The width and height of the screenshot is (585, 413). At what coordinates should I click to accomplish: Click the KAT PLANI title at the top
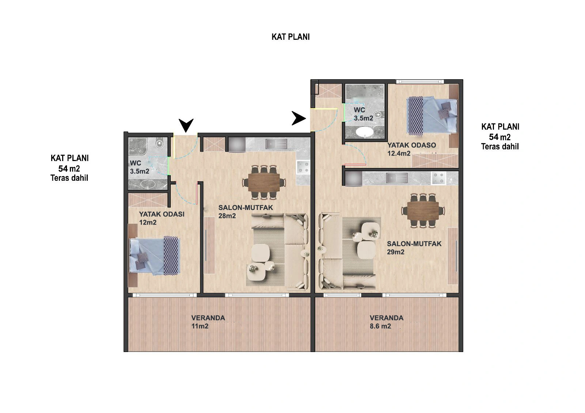pos(290,37)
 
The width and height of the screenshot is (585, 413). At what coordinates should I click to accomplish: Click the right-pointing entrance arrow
pos(298,118)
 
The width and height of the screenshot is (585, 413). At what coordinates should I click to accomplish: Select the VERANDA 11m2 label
pos(208,322)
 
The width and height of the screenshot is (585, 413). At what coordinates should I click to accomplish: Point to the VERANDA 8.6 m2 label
pos(386,322)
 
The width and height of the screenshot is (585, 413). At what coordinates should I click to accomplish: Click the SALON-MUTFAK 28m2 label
pos(245,211)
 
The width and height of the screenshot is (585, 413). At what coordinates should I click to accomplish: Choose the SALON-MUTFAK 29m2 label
pos(414,248)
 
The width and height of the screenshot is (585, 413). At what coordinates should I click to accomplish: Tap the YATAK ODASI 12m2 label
pos(162,218)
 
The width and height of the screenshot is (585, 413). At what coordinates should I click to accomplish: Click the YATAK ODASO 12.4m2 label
pos(412,149)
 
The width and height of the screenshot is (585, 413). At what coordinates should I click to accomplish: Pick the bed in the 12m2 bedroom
pos(155,256)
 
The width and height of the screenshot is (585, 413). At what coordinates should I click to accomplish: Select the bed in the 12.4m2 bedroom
pos(432,116)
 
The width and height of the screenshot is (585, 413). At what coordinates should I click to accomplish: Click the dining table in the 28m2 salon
pos(264,182)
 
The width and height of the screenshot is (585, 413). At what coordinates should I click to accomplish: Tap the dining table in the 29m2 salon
pos(423,211)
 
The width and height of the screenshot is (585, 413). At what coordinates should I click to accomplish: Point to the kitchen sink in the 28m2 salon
pos(276,144)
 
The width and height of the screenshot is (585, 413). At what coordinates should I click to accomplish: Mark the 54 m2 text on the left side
pos(69,169)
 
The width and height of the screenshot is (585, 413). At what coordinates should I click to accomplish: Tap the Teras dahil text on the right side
pos(500,146)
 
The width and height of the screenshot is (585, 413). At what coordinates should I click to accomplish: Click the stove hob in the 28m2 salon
pos(303,167)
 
